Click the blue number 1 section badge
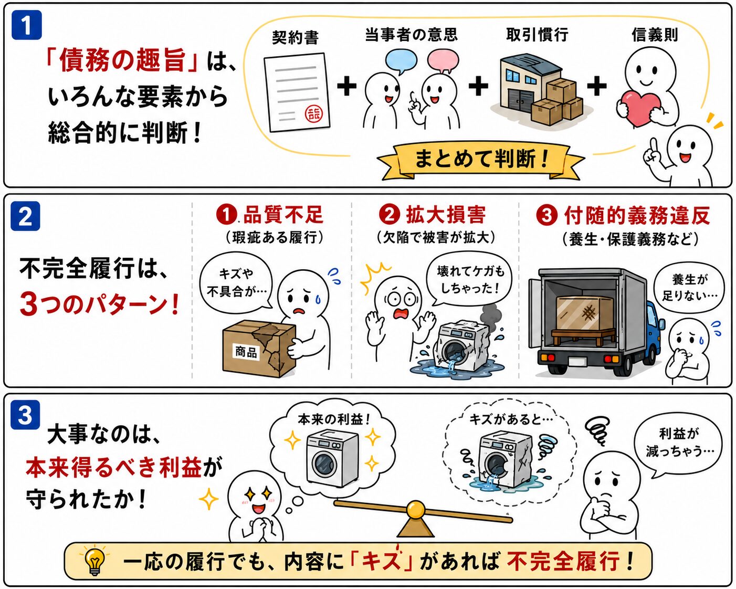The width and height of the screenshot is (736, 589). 27,25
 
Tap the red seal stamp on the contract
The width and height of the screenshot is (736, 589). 313,114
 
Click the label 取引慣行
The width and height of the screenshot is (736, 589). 537,35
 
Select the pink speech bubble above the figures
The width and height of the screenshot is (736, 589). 443,61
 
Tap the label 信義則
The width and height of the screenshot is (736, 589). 655,35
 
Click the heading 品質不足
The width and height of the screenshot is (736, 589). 283,215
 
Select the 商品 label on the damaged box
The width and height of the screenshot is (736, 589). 246,351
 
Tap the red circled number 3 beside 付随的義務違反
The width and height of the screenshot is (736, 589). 546,216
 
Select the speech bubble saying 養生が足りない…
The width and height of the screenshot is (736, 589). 689,288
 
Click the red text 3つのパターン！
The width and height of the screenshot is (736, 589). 100,304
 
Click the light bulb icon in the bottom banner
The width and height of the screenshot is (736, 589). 94,561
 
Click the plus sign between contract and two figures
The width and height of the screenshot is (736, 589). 347,86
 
